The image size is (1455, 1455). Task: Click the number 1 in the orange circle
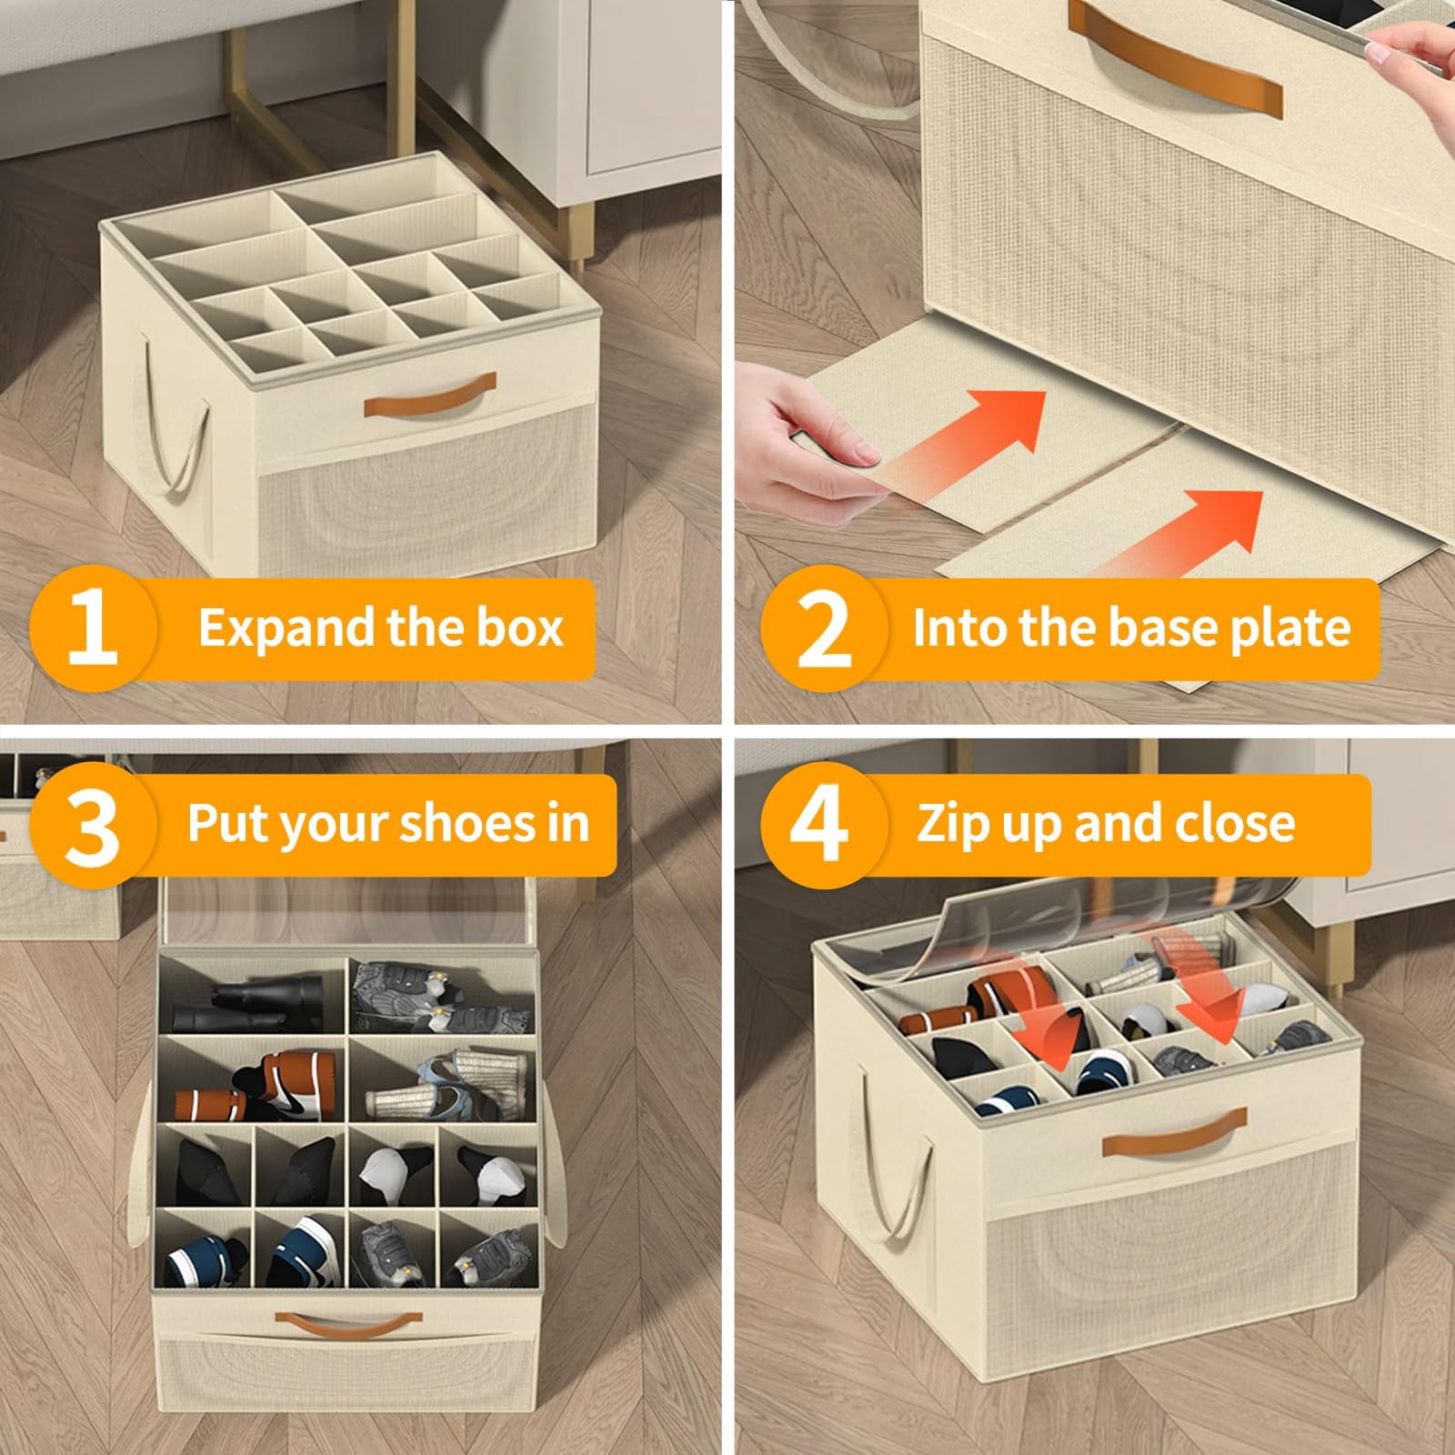pyautogui.click(x=93, y=627)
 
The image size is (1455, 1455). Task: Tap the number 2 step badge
pyautogui.click(x=824, y=627)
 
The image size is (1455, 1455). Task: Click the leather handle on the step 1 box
pyautogui.click(x=430, y=396)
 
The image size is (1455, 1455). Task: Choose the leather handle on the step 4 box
pyautogui.click(x=1175, y=1131)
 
